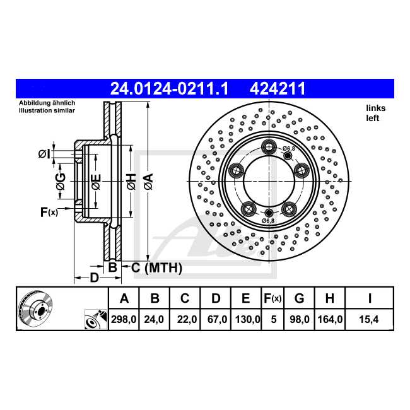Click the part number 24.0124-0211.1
point(169,89)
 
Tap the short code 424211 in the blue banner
point(278,89)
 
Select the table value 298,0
point(124,319)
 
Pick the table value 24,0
point(154,319)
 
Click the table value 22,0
point(187,319)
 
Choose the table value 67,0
point(217,319)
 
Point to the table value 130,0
point(248,319)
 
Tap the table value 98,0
point(300,319)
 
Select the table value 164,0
point(330,319)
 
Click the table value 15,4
point(369,319)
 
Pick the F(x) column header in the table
point(272,298)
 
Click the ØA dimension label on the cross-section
point(148,181)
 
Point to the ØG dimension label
point(61,181)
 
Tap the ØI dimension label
point(44,154)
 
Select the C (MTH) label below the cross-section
point(156,268)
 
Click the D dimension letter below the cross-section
point(95,278)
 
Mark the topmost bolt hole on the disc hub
point(269,147)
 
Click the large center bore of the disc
point(269,181)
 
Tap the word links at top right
point(376,108)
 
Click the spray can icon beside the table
point(96,319)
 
